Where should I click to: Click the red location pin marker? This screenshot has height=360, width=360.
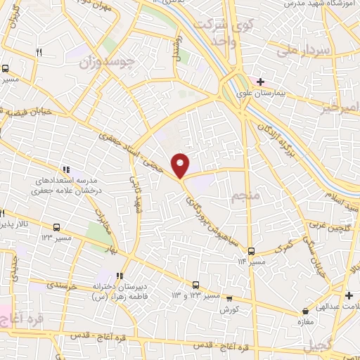[181, 165]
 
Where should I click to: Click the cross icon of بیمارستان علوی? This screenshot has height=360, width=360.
[261, 82]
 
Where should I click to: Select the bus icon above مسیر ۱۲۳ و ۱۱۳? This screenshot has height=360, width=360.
[196, 285]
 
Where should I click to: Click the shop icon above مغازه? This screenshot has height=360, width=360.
[305, 310]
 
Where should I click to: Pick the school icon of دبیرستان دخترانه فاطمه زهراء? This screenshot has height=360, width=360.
[120, 276]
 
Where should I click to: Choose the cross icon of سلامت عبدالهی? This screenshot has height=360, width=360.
[349, 295]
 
